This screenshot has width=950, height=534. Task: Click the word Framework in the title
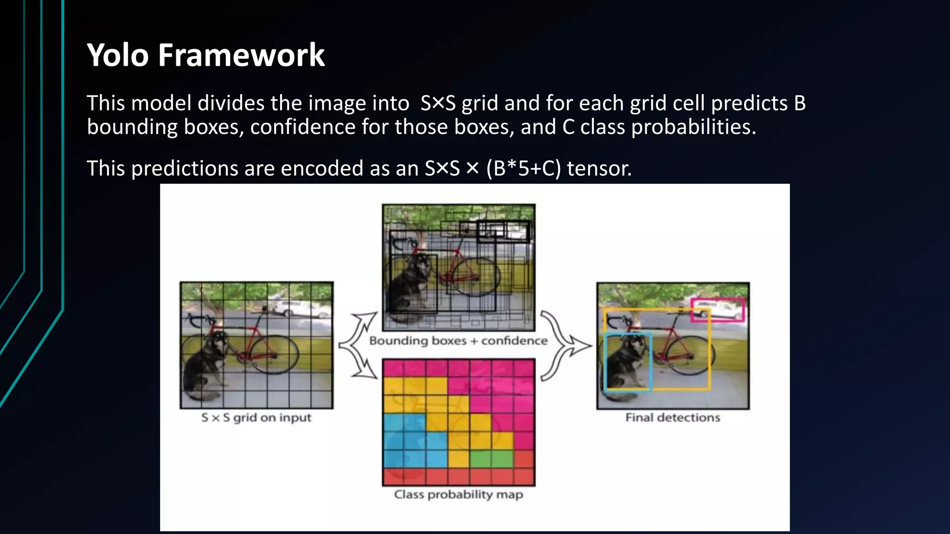pyautogui.click(x=241, y=55)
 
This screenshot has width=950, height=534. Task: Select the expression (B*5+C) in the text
pyautogui.click(x=524, y=168)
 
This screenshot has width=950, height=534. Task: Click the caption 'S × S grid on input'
pyautogui.click(x=256, y=418)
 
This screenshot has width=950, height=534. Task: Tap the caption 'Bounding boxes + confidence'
pyautogui.click(x=458, y=341)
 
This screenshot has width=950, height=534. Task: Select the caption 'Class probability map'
pyautogui.click(x=458, y=495)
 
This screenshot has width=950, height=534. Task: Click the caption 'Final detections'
pyautogui.click(x=673, y=418)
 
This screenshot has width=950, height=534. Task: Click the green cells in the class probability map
pyautogui.click(x=492, y=458)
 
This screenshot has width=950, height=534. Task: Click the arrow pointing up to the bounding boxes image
pyautogui.click(x=364, y=324)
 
